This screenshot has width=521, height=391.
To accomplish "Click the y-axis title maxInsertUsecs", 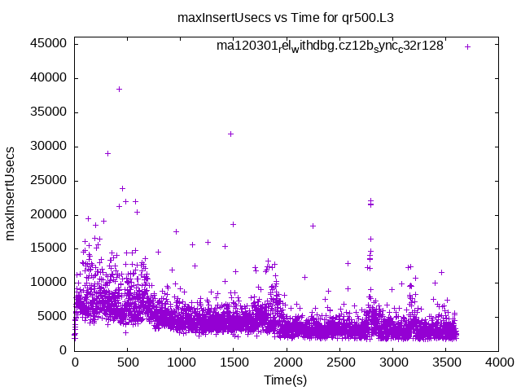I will click(11, 193).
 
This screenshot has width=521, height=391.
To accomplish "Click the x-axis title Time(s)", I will click(287, 380).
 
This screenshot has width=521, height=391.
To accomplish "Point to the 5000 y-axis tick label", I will click(53, 316).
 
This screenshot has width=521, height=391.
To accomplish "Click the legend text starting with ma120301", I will click(330, 46).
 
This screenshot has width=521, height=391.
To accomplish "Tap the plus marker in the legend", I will click(467, 46).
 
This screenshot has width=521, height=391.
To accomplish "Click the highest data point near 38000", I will click(119, 89).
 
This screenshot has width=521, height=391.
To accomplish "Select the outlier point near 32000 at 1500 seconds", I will click(230, 134).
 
